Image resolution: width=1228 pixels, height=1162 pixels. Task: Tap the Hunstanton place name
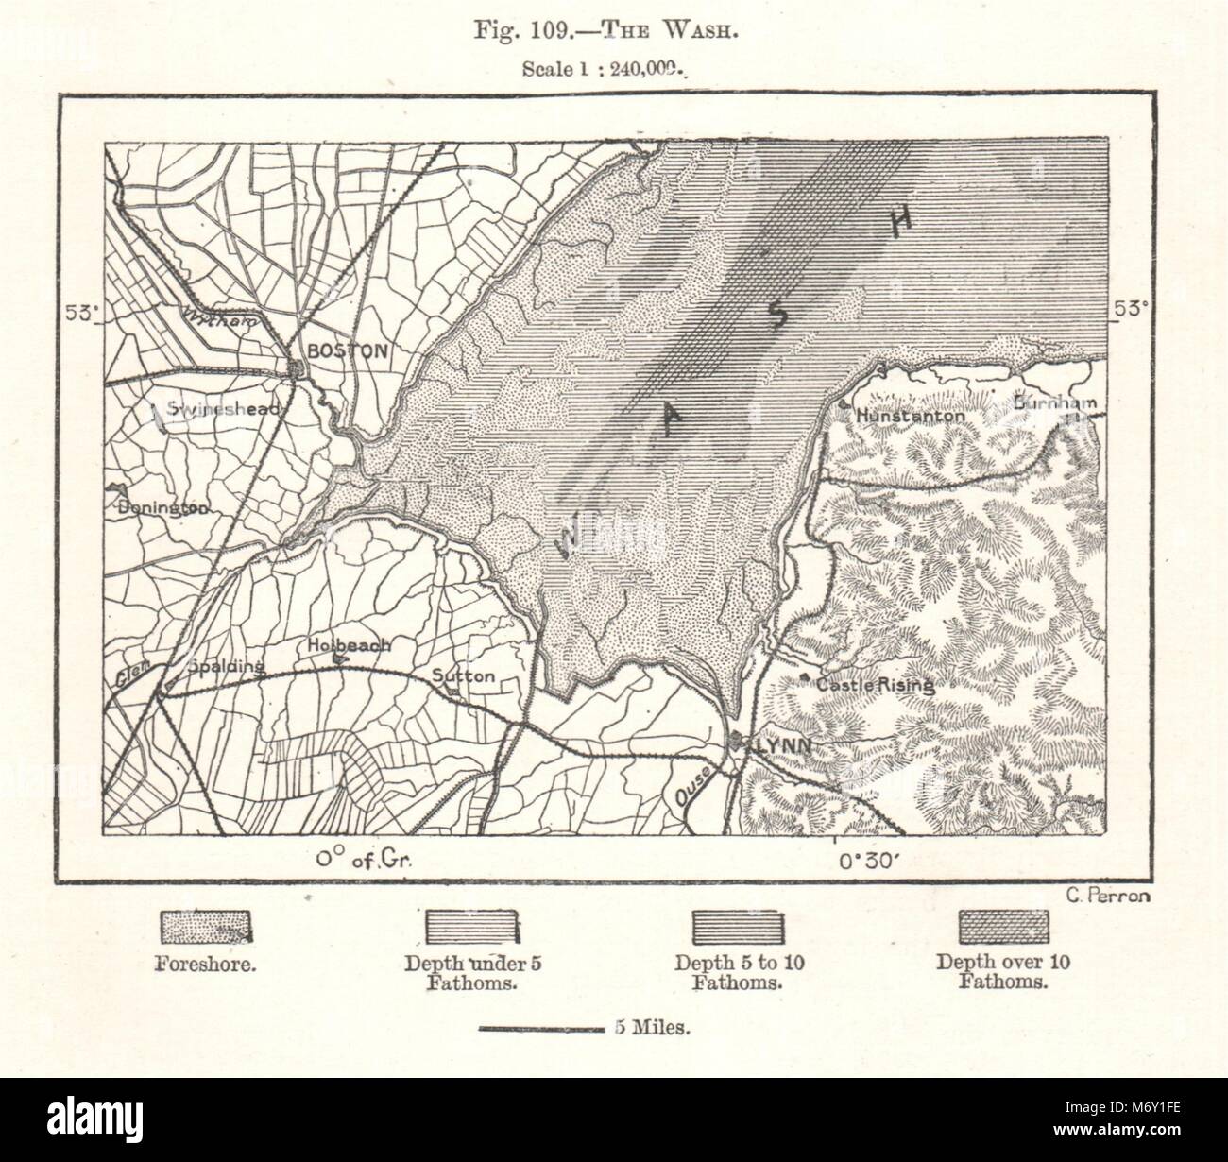click(x=912, y=415)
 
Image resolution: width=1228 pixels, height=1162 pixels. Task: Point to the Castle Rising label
click(x=875, y=686)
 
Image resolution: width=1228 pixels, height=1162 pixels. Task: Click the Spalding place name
click(x=226, y=666)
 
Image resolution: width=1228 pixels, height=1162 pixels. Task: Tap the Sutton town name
click(x=463, y=676)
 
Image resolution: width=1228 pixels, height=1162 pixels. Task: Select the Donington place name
click(x=163, y=507)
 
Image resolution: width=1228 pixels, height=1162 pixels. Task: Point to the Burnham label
click(x=1054, y=403)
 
